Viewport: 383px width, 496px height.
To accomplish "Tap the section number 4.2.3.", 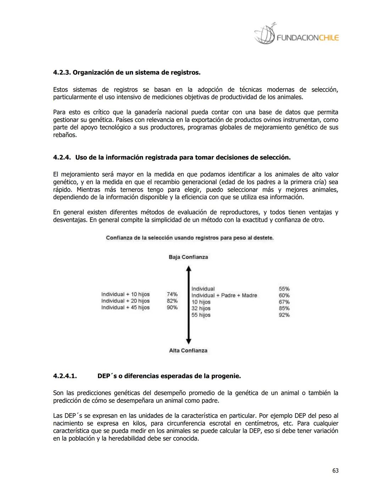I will pyautogui.click(x=62, y=72).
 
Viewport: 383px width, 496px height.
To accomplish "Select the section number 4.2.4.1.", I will pyautogui.click(x=65, y=376).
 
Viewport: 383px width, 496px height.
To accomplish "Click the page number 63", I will pyautogui.click(x=335, y=470).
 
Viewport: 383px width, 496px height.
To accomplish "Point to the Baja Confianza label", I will pyautogui.click(x=188, y=257).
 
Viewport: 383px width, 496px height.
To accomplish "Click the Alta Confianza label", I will pyautogui.click(x=188, y=350).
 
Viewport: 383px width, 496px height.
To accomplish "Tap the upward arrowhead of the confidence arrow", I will pyautogui.click(x=189, y=269).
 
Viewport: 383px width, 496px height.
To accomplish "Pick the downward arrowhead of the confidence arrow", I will pyautogui.click(x=189, y=341).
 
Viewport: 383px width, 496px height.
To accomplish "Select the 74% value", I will pyautogui.click(x=172, y=294).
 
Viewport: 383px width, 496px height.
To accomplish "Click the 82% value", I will pyautogui.click(x=172, y=301).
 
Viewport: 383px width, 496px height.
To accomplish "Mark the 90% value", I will pyautogui.click(x=172, y=307).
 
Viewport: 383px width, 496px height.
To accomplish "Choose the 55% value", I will pyautogui.click(x=284, y=289).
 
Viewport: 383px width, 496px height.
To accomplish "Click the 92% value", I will pyautogui.click(x=284, y=315).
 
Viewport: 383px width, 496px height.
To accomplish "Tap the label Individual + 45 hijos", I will pyautogui.click(x=126, y=307).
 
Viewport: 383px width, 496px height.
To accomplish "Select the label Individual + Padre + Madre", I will pyautogui.click(x=224, y=295).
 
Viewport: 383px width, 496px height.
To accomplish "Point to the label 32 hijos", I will pyautogui.click(x=201, y=309).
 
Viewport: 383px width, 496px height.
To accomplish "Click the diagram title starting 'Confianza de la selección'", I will pyautogui.click(x=190, y=238).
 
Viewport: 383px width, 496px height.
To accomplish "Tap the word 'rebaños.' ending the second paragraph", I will pyautogui.click(x=65, y=135).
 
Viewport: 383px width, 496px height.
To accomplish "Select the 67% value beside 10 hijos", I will pyautogui.click(x=284, y=302).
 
